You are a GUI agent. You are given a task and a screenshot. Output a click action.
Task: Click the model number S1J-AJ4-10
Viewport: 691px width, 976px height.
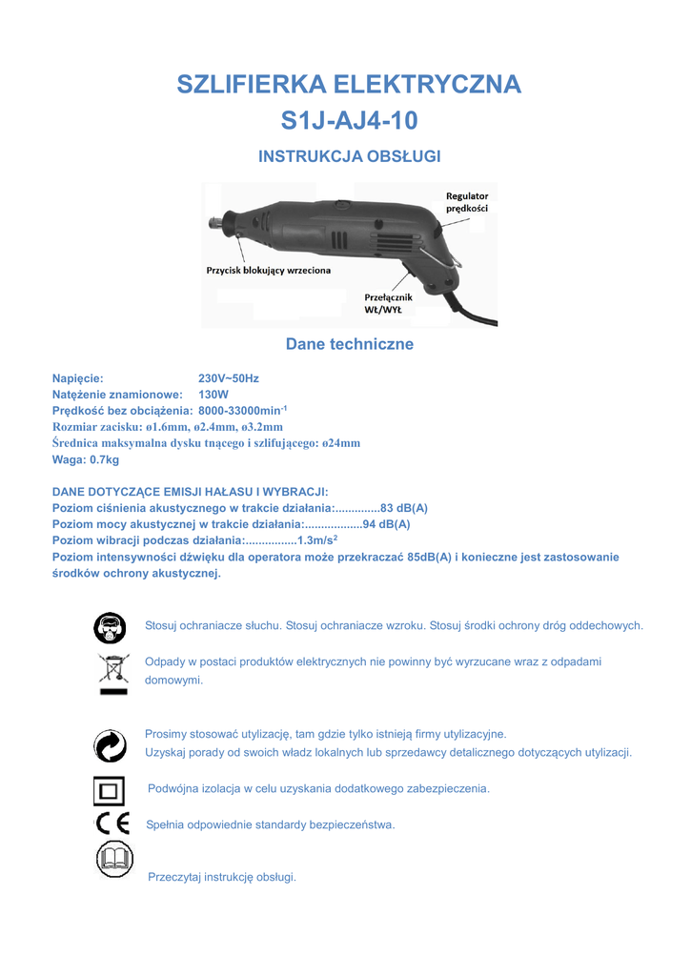(x=349, y=121)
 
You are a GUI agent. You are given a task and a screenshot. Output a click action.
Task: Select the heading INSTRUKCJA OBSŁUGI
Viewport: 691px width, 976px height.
(x=349, y=156)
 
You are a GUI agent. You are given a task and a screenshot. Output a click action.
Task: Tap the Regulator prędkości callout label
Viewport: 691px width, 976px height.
(x=467, y=202)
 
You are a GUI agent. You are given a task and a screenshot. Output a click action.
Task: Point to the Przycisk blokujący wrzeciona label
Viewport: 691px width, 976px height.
(x=269, y=271)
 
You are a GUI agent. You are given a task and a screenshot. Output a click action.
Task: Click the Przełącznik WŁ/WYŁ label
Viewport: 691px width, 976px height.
(x=389, y=303)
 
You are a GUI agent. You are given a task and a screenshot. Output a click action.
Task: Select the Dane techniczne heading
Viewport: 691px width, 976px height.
(x=350, y=344)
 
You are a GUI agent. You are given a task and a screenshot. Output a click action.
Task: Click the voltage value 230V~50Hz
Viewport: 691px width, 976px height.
(x=229, y=378)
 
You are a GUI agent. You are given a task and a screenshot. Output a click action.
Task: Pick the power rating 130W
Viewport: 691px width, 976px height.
(x=213, y=394)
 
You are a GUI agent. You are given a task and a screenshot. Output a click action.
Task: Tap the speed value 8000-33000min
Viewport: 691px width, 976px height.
(x=242, y=410)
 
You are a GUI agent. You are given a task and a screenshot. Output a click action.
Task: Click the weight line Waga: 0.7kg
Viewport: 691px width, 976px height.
(x=86, y=459)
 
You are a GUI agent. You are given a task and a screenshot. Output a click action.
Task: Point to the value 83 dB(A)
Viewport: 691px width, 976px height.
(x=404, y=508)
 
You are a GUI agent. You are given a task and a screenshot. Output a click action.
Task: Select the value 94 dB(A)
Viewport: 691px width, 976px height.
(x=387, y=524)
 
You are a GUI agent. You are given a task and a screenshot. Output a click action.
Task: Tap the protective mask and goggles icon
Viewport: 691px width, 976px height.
(x=110, y=628)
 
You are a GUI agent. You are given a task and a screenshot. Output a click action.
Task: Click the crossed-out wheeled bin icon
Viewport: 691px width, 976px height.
(x=112, y=672)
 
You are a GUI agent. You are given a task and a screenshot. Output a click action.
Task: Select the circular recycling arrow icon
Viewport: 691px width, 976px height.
(x=111, y=745)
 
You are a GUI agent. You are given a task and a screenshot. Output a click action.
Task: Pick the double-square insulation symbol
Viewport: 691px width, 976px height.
(x=110, y=791)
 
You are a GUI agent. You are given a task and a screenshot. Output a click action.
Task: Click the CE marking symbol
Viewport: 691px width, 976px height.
(x=111, y=823)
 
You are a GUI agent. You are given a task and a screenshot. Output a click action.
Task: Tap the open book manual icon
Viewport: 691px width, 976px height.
(x=114, y=861)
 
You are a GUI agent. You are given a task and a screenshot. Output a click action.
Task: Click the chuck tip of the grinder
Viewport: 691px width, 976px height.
(x=217, y=223)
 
